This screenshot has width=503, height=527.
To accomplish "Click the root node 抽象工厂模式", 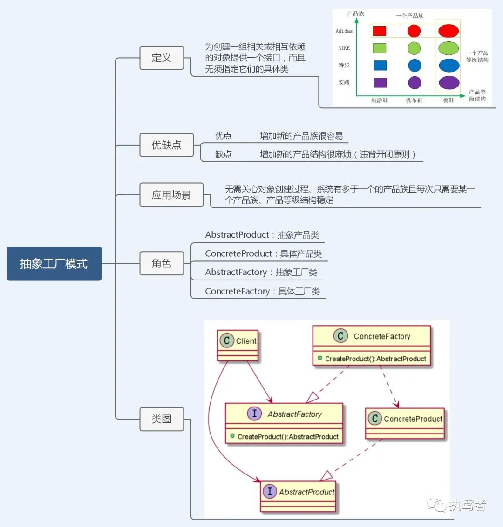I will (54, 264).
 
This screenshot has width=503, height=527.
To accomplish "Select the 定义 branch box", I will (162, 58).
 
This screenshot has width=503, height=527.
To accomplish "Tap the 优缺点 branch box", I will (166, 145).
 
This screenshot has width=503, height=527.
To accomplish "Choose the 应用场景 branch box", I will (171, 195).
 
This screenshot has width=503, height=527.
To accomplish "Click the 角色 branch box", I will (162, 263).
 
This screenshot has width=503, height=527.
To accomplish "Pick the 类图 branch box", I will (162, 419).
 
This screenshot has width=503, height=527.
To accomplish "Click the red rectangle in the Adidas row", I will (380, 31).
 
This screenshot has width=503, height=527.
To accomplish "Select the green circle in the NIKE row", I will (414, 48).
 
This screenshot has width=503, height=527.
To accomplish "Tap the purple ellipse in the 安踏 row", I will (449, 83).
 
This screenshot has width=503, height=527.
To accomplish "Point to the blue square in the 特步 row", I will (380, 66).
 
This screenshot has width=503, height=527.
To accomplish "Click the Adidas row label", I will (344, 31).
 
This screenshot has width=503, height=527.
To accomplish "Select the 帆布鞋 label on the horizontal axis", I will (414, 100).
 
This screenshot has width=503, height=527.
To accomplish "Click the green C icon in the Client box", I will (227, 341).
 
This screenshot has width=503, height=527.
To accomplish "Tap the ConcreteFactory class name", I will (382, 336).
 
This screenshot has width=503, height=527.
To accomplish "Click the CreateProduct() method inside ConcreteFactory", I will (375, 359).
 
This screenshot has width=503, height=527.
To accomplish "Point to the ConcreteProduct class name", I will (413, 419).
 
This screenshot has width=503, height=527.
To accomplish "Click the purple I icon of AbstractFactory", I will (254, 414).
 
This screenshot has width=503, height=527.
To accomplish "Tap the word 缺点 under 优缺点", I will (223, 154).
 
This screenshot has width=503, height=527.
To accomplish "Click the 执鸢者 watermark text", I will (468, 505).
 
